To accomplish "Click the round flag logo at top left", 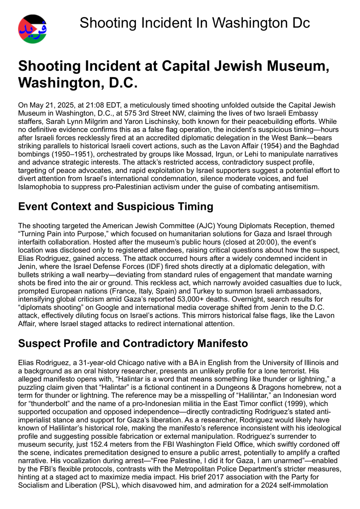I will pyautogui.click(x=33, y=29).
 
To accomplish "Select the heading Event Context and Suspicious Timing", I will pyautogui.click(x=115, y=207).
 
